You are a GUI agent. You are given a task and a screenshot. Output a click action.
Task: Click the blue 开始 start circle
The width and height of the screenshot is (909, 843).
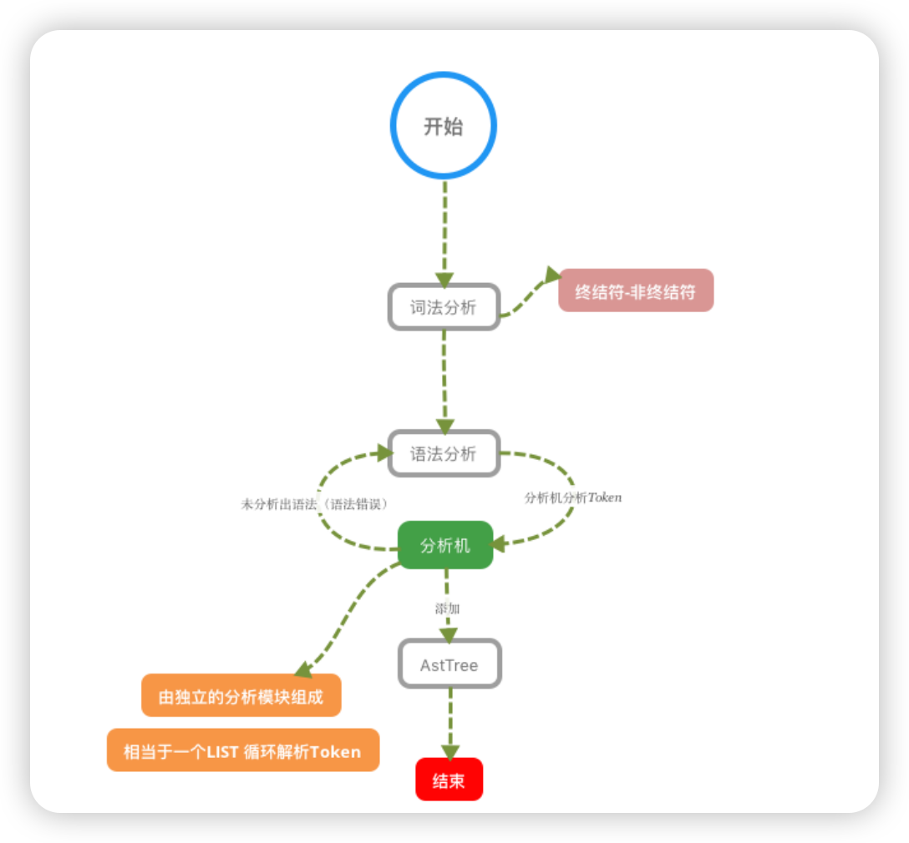click(444, 126)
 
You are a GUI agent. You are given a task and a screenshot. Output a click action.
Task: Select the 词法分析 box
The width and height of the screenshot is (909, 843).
click(444, 307)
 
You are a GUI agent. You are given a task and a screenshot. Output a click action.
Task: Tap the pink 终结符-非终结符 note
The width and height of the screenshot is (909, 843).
click(636, 290)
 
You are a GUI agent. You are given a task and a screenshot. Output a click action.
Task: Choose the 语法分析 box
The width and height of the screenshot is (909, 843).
click(444, 453)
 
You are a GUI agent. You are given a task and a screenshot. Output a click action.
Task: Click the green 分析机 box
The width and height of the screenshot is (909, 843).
click(445, 545)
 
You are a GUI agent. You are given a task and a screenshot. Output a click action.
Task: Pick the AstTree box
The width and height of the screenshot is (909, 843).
click(449, 664)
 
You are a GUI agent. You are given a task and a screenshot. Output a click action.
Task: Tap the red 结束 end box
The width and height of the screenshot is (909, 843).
click(449, 780)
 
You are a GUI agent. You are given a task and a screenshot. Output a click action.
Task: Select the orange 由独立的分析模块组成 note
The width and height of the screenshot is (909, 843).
click(241, 695)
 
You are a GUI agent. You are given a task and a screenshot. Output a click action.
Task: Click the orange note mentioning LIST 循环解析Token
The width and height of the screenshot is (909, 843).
click(243, 750)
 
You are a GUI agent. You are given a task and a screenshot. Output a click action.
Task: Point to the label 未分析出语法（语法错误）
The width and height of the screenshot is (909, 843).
click(315, 504)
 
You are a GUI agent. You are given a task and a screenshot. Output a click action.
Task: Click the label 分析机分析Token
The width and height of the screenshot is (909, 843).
click(572, 497)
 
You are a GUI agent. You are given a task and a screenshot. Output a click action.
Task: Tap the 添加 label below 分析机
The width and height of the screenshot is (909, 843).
click(447, 608)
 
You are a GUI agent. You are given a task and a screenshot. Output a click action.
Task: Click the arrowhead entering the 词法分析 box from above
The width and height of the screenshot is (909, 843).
click(444, 279)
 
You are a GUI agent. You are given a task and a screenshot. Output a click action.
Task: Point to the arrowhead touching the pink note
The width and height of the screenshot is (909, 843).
click(552, 275)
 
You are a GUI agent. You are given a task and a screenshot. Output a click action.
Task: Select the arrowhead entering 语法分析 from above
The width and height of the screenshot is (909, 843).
click(444, 426)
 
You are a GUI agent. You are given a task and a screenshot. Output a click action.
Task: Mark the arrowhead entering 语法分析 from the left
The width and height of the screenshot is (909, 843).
click(383, 452)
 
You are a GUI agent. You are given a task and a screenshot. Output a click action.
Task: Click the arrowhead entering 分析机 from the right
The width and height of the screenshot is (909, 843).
click(500, 544)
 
